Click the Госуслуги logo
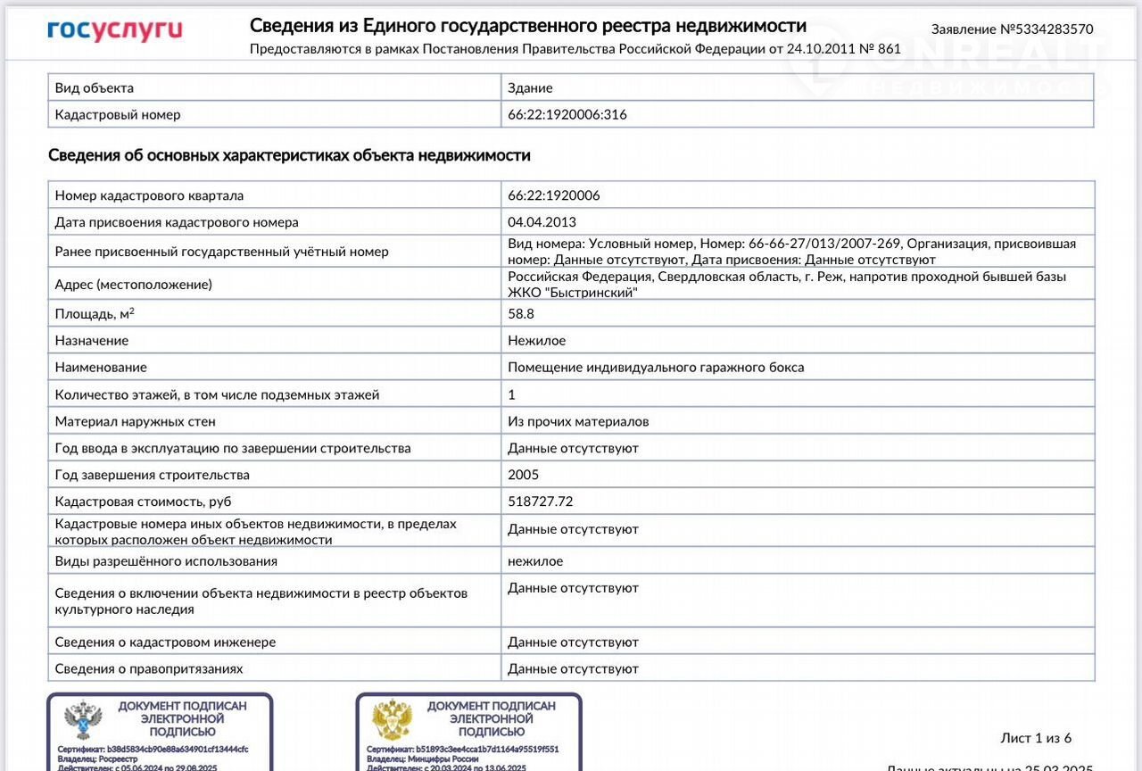pos(114,31)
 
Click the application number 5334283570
pos(1012,29)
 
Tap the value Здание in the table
pos(530,87)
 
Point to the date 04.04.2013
pos(542,222)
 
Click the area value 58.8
pos(520,314)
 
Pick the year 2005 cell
pos(524,475)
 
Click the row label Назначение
pos(92,341)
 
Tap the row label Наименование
pos(101,368)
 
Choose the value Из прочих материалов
pos(578,421)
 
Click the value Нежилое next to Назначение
pos(536,341)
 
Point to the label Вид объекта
pos(95,87)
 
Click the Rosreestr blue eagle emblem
pos(83,720)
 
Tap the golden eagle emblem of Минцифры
pos(392,720)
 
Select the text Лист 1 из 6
pos(1036,738)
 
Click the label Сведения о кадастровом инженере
pos(165,642)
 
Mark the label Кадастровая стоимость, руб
pos(143,502)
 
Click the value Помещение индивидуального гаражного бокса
pos(656,368)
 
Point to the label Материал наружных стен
pos(135,421)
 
